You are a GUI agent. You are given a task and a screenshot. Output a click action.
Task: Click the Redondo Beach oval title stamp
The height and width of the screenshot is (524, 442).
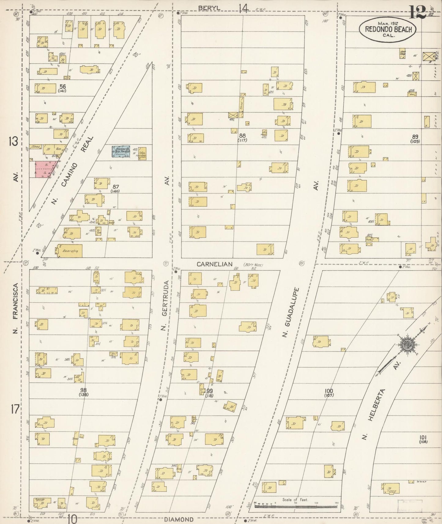click(x=387, y=29)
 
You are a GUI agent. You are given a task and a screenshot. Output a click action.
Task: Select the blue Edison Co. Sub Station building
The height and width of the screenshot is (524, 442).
click(x=121, y=152)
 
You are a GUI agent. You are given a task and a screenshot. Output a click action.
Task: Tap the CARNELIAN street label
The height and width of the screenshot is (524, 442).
click(x=214, y=264)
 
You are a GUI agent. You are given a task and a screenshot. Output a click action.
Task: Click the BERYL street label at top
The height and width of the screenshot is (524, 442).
click(x=207, y=8)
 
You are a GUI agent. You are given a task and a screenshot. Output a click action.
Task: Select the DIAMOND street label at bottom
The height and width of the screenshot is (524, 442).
click(x=179, y=519)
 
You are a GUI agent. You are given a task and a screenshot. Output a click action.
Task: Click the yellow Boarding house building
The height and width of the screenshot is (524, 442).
click(x=69, y=251)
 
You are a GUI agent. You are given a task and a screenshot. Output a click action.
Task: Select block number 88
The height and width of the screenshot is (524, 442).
click(x=243, y=135)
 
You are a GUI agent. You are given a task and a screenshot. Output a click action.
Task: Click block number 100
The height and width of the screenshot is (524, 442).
click(x=329, y=391)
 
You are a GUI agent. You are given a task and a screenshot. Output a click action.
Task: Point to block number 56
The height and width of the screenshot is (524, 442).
click(x=63, y=86)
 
